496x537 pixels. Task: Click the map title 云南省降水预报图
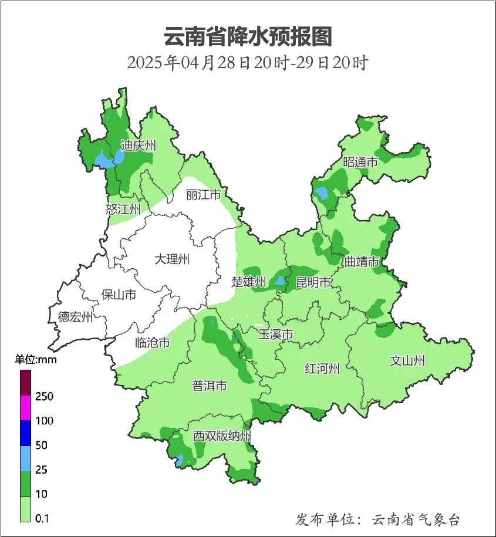[248, 36]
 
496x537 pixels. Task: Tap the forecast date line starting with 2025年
[248, 63]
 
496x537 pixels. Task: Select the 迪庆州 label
[138, 146]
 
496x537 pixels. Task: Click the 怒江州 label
[123, 209]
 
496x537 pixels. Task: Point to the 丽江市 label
[203, 194]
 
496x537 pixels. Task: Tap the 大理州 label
[172, 259]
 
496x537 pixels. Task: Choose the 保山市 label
[119, 294]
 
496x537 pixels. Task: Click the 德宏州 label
[76, 318]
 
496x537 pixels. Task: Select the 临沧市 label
[153, 343]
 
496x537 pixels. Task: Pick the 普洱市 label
[210, 386]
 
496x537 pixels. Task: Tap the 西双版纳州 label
[222, 436]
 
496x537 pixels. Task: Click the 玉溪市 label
[276, 335]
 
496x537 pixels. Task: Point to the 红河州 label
[322, 369]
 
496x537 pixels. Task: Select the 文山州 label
[407, 361]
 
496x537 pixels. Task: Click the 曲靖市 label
[362, 261]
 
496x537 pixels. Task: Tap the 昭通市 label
[360, 162]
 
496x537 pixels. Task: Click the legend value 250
[44, 397]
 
